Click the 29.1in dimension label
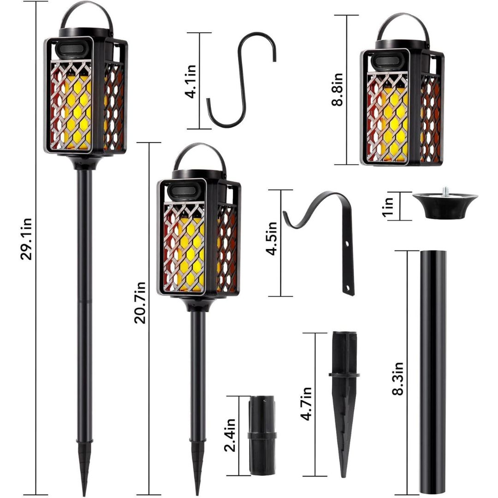(x=26, y=239)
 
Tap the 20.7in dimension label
(x=140, y=302)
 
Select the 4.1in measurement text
(x=191, y=82)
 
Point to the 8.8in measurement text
(x=337, y=89)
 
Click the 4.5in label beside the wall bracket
(x=272, y=238)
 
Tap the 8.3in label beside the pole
(x=397, y=378)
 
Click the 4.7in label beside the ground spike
(x=307, y=403)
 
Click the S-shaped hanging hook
(x=241, y=79)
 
